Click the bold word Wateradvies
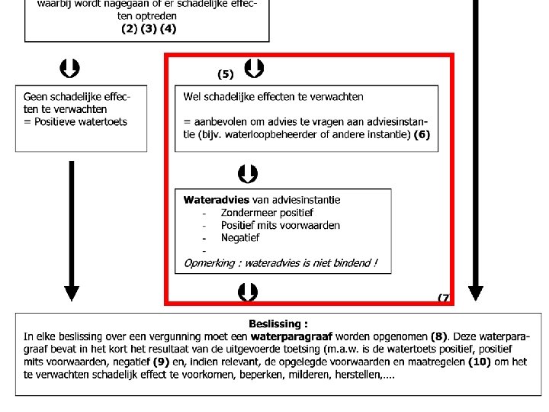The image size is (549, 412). [216, 200]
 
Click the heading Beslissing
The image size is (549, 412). [278, 323]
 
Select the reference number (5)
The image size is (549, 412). [225, 74]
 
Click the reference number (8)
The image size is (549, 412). [438, 336]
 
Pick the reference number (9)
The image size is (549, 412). [161, 362]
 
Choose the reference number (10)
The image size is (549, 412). [478, 362]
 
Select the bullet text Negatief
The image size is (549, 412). [240, 238]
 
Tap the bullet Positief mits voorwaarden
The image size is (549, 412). [280, 225]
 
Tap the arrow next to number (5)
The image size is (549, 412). [254, 69]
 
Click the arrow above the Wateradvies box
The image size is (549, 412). [247, 174]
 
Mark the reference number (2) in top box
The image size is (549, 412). [129, 29]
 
